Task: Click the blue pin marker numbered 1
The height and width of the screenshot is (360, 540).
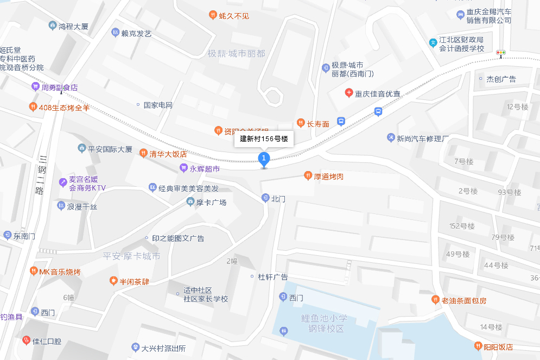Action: point(264,159)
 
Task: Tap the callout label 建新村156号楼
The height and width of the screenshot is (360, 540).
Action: point(264,139)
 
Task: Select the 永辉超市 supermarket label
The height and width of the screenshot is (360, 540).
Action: point(204,169)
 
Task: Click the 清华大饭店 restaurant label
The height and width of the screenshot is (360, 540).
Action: point(168,154)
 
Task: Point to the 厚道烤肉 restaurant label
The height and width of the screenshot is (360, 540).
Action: point(328,176)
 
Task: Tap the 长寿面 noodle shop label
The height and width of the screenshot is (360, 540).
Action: point(317,124)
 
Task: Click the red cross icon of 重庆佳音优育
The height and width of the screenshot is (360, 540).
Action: point(349,93)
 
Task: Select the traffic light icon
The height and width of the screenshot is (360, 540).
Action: point(500,53)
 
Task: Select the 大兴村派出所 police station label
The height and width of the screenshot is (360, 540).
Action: point(163,348)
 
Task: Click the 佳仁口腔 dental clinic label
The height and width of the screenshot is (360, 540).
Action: point(47,341)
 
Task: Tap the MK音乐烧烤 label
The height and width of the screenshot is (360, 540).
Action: point(59,271)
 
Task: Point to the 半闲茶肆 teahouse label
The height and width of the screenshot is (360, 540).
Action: point(134,282)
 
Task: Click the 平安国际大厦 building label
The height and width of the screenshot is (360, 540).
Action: point(109,149)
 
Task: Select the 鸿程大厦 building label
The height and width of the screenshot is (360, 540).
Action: point(73,26)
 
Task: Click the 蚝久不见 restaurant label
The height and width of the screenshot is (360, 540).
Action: point(233,16)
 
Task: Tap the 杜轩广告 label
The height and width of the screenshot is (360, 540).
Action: point(272,277)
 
